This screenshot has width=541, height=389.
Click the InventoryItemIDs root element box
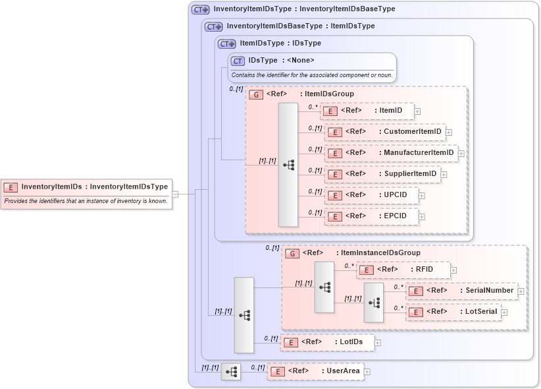click(86, 187)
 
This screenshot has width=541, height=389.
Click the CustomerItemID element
click(386, 132)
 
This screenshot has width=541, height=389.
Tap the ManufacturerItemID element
click(392, 153)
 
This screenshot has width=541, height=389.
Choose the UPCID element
click(371, 195)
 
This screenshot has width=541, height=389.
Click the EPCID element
click(371, 216)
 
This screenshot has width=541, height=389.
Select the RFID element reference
click(403, 270)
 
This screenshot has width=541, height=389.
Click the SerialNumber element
click(461, 291)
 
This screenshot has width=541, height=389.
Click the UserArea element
click(315, 371)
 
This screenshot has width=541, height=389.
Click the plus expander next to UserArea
click(367, 372)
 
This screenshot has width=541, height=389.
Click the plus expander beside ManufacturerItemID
click(461, 154)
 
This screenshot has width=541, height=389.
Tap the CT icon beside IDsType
click(238, 61)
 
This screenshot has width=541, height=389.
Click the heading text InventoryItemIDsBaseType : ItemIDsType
click(300, 26)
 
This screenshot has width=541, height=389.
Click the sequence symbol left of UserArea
click(232, 372)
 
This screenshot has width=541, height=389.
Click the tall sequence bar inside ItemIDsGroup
click(288, 165)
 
